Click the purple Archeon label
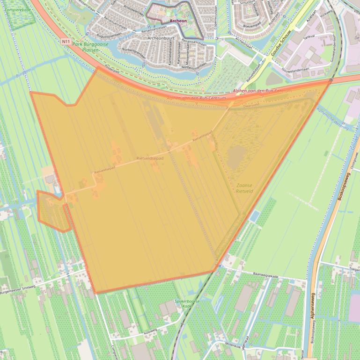coord(178,21)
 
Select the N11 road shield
coord(66,41)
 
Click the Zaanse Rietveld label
coord(245,188)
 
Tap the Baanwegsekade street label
coord(265,276)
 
